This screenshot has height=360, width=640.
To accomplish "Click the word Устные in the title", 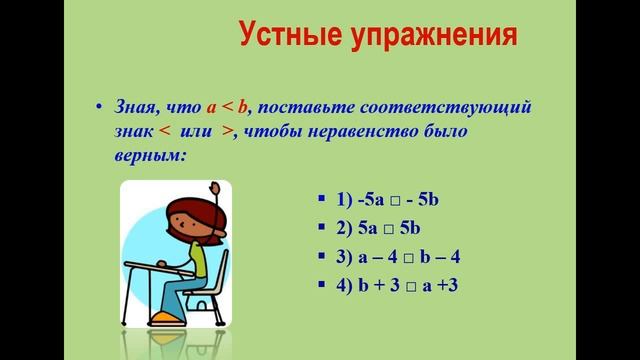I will coord(291,38).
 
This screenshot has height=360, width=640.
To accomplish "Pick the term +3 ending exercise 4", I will coord(445,286).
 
